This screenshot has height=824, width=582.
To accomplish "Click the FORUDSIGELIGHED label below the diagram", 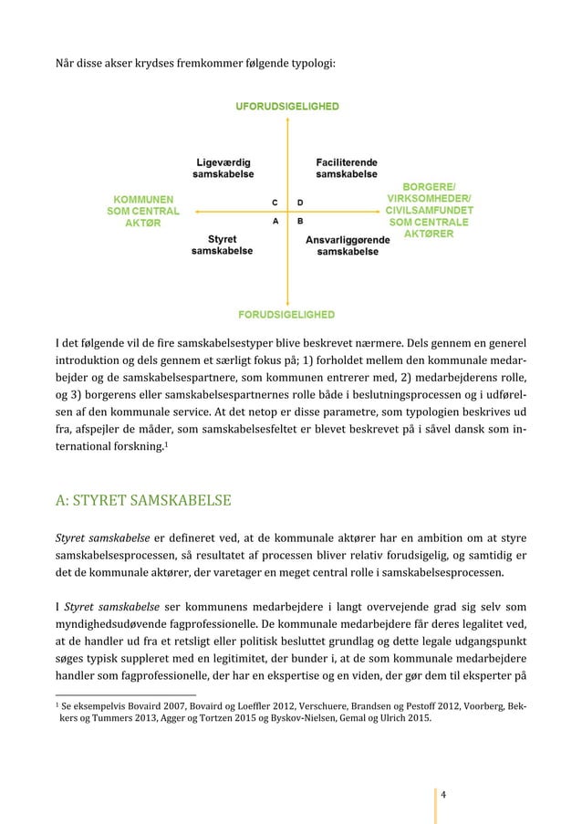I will [x=287, y=314].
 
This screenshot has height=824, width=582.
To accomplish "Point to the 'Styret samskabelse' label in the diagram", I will [x=222, y=245].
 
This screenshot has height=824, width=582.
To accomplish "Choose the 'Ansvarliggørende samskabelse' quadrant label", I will [x=348, y=245].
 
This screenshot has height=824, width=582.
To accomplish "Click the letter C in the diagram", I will [x=275, y=201].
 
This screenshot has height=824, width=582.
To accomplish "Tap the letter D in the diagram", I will [x=301, y=201].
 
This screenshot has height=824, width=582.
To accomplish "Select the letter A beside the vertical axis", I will [x=275, y=221].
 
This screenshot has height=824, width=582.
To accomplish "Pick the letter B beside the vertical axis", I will [x=301, y=221].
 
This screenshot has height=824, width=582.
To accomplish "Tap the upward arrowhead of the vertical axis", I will [x=287, y=120].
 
